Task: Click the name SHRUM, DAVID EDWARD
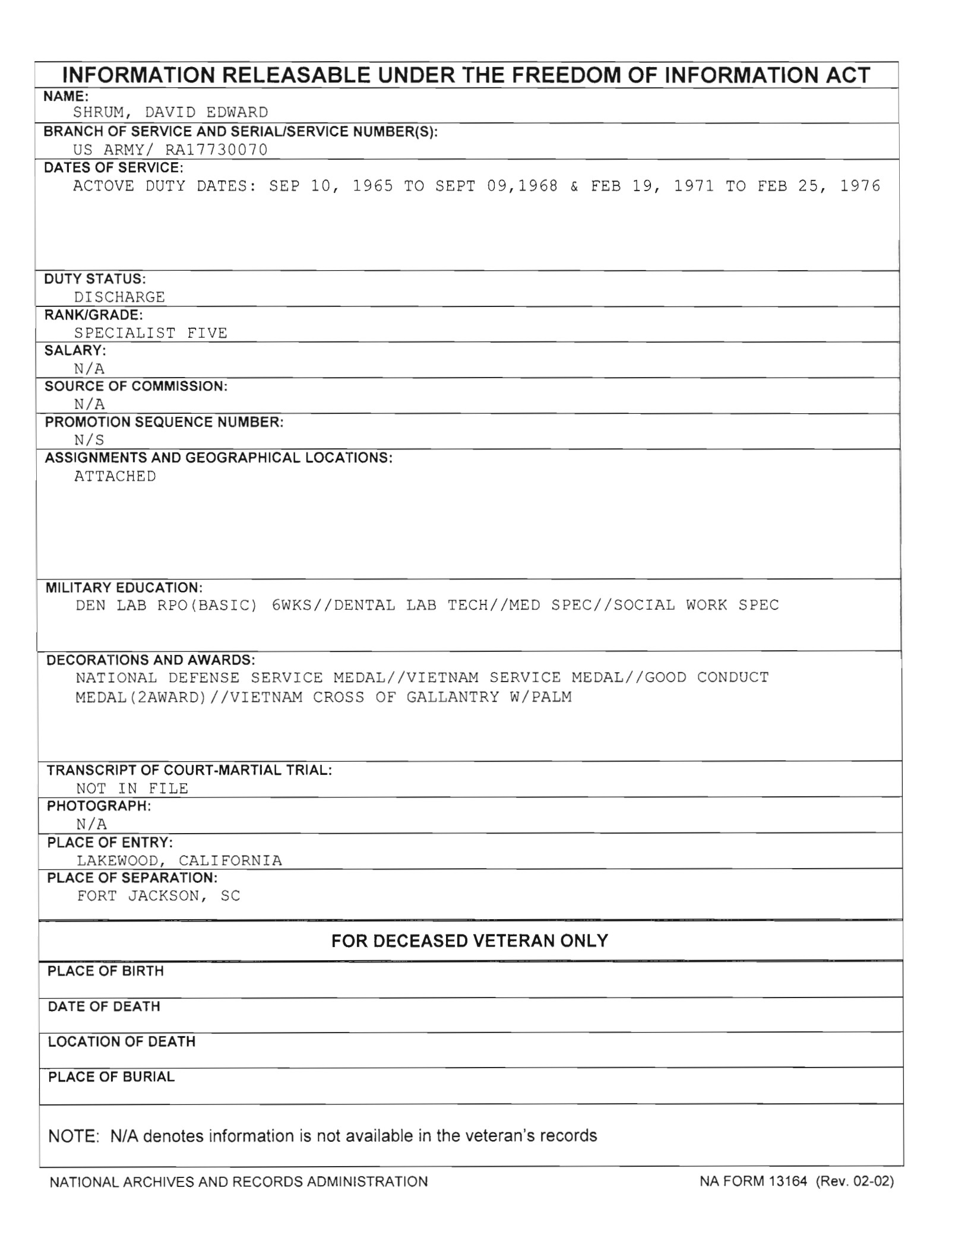click(x=170, y=112)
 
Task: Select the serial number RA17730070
click(x=216, y=150)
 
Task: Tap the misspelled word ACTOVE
click(x=104, y=186)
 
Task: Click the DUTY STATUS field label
click(x=95, y=278)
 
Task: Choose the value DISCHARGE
click(x=119, y=297)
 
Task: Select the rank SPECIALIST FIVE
click(x=151, y=333)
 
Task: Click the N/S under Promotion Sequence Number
click(x=89, y=440)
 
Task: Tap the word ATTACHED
click(x=115, y=476)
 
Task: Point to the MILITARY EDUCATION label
click(x=124, y=588)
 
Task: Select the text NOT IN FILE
click(x=132, y=788)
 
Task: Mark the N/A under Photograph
click(x=91, y=824)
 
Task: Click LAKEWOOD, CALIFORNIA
click(x=179, y=860)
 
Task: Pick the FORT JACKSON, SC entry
click(x=159, y=896)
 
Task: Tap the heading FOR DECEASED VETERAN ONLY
click(x=470, y=941)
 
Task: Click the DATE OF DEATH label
click(x=104, y=1006)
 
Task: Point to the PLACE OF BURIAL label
click(x=111, y=1077)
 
